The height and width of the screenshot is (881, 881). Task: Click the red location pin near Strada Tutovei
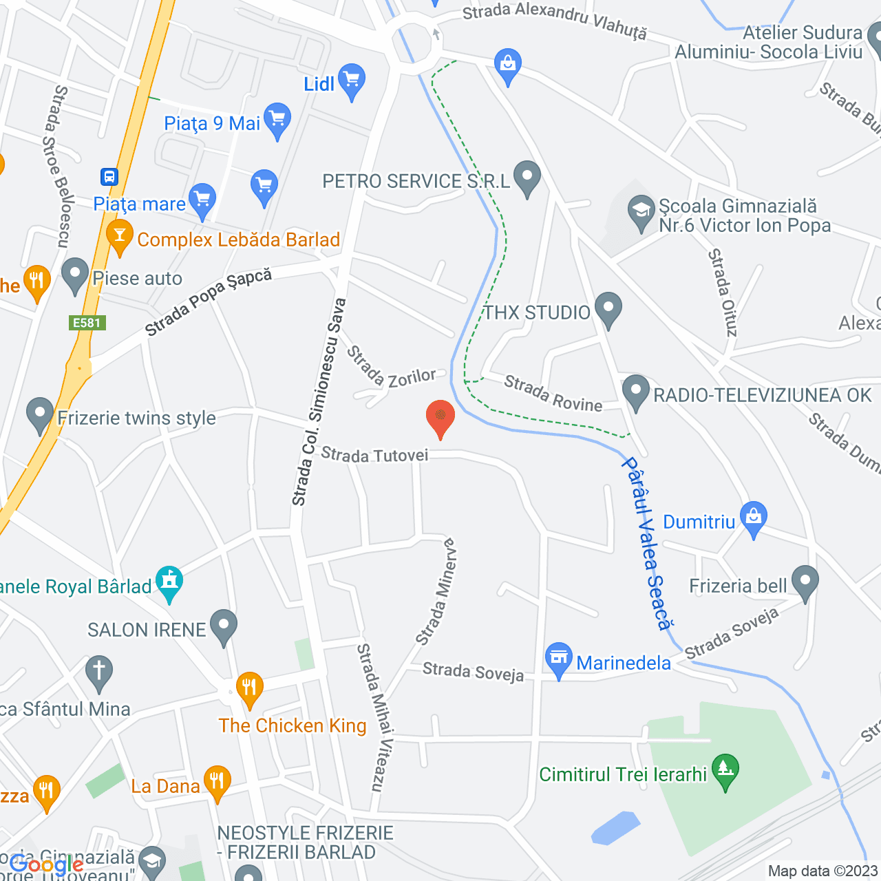pos(440,417)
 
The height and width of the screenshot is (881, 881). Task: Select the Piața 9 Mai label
pos(212,124)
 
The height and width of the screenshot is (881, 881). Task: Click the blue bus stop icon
pos(109,177)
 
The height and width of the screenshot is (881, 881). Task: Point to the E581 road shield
pos(87,323)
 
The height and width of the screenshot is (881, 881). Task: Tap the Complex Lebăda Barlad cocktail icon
pos(120,236)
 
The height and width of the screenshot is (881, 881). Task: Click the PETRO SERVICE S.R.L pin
pos(527,178)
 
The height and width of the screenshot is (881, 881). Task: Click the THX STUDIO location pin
pos(608,309)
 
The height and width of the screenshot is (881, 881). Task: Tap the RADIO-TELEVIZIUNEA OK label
pos(762,395)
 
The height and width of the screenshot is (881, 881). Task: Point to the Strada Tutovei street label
pos(374,455)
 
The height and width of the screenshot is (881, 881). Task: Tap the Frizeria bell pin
pos(805,582)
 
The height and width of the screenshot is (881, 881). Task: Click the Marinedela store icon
pos(559,659)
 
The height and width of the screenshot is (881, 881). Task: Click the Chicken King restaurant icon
pos(249,688)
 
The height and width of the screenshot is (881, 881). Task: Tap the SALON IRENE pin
pos(223,626)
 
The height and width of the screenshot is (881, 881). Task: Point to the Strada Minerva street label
pos(436,591)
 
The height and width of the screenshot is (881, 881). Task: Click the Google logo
pos(47,865)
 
